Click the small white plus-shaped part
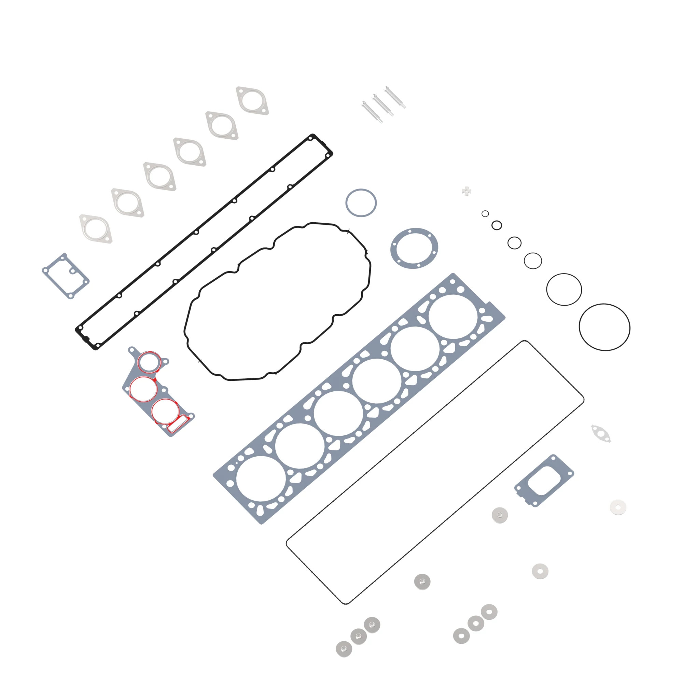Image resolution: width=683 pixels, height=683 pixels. (466, 191)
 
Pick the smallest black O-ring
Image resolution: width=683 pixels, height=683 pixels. (485, 213)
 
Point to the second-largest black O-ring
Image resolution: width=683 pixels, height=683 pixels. (564, 289)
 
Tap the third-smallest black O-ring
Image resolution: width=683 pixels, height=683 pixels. (514, 243)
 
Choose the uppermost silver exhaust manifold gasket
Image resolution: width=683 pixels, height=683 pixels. (252, 101)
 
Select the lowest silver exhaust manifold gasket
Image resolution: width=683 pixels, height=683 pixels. (96, 229)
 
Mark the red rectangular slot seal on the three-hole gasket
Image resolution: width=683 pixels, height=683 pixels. (178, 423)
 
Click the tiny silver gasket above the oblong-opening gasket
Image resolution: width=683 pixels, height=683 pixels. (601, 433)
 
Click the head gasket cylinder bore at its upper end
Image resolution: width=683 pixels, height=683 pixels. (453, 317)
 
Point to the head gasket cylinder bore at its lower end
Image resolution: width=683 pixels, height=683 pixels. (261, 478)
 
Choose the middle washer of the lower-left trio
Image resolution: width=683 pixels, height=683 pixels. (359, 636)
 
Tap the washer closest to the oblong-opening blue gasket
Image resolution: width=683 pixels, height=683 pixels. (500, 515)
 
